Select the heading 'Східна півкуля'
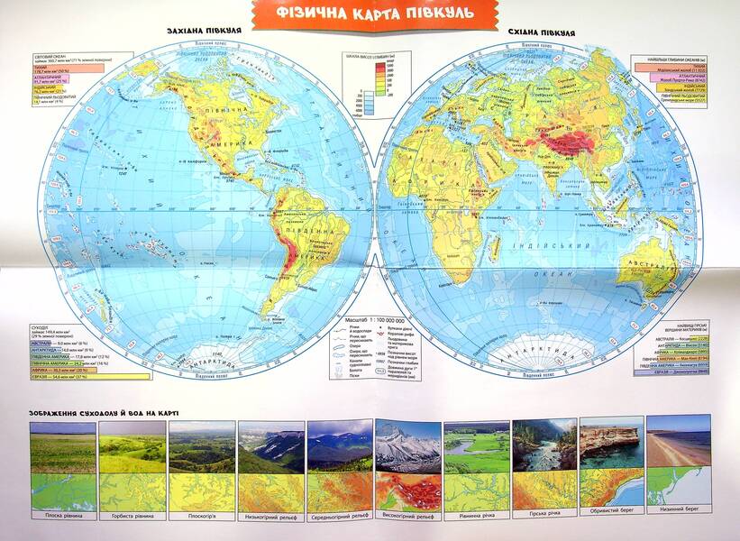(542, 32)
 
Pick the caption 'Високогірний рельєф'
(407, 516)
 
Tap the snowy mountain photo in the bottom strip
(407, 446)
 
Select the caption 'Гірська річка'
(544, 516)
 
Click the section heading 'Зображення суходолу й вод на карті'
(98, 412)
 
